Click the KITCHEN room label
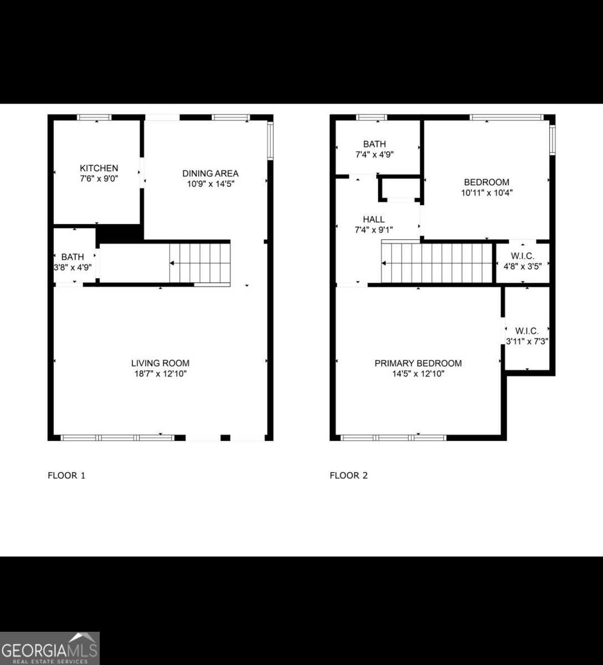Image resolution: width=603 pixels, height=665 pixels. click(99, 168)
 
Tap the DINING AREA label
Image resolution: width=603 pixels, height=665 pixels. click(211, 173)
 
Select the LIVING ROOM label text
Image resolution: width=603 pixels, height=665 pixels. click(160, 363)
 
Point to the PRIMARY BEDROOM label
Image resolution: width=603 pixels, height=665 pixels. click(418, 363)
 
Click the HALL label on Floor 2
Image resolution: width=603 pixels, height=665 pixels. click(374, 219)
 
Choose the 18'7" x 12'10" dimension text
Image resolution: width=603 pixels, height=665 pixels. click(160, 374)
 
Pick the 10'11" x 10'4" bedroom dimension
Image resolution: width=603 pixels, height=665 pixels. click(486, 193)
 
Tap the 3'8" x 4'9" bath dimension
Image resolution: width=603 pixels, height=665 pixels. click(73, 267)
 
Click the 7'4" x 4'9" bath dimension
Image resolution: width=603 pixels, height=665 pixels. click(374, 155)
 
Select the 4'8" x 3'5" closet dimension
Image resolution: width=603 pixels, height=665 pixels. click(522, 266)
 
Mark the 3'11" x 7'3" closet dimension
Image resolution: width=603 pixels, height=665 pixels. click(527, 342)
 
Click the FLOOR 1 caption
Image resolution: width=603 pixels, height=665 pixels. click(67, 475)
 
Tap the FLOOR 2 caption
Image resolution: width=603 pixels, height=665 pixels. click(349, 475)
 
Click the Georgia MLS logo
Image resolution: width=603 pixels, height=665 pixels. click(49, 648)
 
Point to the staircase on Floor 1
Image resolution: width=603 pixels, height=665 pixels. click(200, 263)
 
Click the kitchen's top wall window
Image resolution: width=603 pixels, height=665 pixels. click(94, 117)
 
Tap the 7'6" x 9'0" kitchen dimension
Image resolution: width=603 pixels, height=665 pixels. click(99, 179)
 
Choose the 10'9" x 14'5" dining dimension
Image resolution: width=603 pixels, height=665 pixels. click(211, 185)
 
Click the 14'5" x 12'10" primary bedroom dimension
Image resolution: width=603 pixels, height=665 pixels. click(418, 374)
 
